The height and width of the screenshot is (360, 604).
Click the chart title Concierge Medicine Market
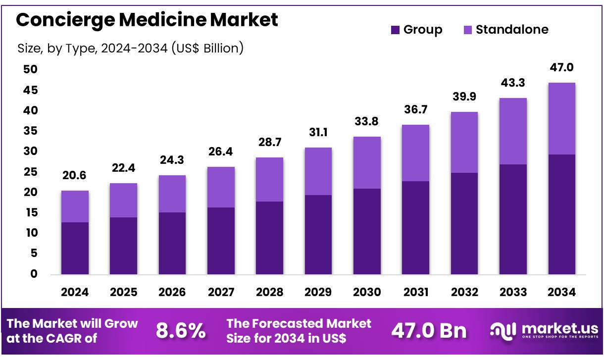pos(147,20)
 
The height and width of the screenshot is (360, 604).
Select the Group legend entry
pos(416,30)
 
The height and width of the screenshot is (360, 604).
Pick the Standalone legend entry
pos(506,30)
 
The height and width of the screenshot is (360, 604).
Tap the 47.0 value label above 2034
pos(561,68)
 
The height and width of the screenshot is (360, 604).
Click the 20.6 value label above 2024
pos(75,176)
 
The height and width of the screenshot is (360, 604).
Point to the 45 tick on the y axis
pos(31,90)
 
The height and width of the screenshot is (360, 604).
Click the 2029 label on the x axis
pos(318,292)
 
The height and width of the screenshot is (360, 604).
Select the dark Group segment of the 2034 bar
pos(561,214)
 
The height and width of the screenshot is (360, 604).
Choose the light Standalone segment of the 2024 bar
pos(75,206)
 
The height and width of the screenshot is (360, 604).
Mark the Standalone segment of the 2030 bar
pos(367,162)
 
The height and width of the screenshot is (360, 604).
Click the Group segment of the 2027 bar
pos(221,241)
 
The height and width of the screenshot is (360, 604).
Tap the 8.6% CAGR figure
pos(181,331)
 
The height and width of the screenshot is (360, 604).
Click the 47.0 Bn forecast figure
pos(429,331)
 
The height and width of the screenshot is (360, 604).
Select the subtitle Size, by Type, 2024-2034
pos(130,48)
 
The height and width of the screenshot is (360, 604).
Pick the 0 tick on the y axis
pos(34,274)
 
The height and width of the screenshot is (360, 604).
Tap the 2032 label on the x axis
pos(464,292)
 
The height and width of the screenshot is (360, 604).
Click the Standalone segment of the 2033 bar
pos(513,131)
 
